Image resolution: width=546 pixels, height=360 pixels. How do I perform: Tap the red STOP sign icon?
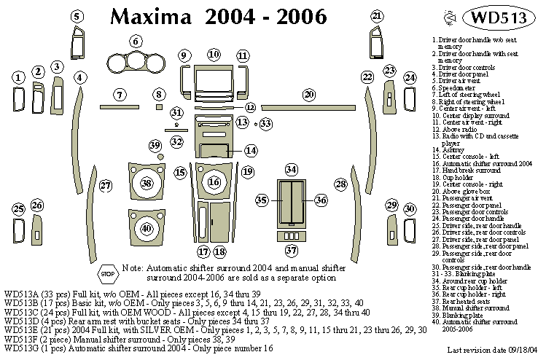click(x=107, y=274)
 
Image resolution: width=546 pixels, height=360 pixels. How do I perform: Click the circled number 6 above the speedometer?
click(x=135, y=41)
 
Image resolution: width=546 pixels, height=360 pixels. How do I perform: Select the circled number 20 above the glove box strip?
click(x=309, y=95)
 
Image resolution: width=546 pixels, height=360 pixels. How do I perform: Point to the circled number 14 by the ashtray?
click(x=250, y=151)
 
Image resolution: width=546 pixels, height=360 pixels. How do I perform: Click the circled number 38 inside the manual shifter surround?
click(x=148, y=182)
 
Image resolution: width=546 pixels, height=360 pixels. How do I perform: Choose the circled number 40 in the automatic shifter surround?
click(x=147, y=228)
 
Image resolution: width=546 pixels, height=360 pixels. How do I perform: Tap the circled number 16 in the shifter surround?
click(x=214, y=181)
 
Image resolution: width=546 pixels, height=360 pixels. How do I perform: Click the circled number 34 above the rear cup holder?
click(x=291, y=170)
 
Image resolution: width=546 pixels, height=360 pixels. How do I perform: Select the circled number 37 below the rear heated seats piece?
click(x=292, y=251)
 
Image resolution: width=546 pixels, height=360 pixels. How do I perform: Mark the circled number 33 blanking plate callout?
click(x=265, y=124)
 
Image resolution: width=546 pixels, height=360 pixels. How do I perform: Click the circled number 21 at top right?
click(x=376, y=16)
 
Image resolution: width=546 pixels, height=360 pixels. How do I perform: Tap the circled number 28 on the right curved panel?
click(x=340, y=184)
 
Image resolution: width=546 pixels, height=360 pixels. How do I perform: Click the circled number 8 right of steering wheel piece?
click(x=158, y=95)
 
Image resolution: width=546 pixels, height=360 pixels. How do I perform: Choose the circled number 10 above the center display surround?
click(x=213, y=55)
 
